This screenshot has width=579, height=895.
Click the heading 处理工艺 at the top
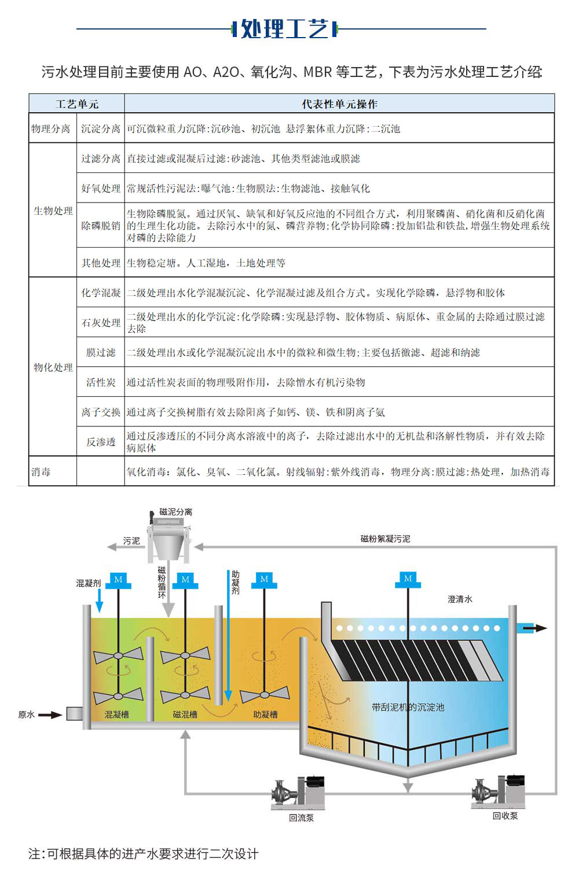click(284, 28)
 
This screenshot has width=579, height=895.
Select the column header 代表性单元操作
click(339, 104)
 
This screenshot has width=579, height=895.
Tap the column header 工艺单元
click(77, 104)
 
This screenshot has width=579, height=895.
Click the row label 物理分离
click(51, 128)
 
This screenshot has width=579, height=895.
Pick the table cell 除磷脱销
click(101, 226)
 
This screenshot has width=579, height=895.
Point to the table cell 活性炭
click(101, 382)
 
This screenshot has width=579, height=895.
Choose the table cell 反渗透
click(101, 442)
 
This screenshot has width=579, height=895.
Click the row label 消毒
click(41, 472)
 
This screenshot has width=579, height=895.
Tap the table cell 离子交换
click(101, 412)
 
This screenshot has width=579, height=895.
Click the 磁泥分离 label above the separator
click(175, 512)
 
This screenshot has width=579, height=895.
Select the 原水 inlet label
click(27, 715)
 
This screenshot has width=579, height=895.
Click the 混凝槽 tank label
click(116, 715)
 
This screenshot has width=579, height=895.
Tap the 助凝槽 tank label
click(265, 715)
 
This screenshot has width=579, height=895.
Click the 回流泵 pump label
click(301, 818)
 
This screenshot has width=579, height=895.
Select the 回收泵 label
click(505, 816)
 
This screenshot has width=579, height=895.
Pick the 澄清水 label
click(460, 599)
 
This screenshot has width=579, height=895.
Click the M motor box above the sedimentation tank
click(408, 579)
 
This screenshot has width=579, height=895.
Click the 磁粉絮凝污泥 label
click(385, 539)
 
